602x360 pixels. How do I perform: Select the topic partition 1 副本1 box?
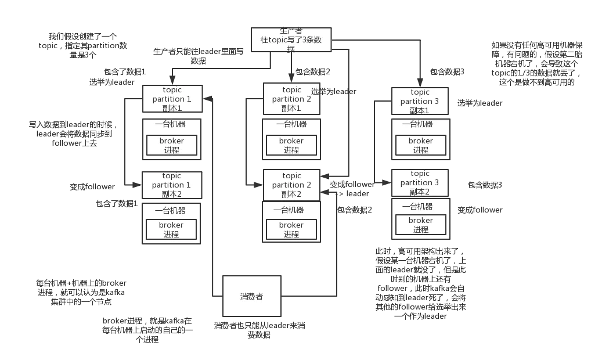[172, 99]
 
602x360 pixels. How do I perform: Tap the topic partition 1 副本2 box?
[172, 185]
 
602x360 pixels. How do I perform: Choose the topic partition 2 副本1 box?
[292, 99]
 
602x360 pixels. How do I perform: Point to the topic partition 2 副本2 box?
[292, 185]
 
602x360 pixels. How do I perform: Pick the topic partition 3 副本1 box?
[420, 102]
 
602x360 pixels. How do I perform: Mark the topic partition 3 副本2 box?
[420, 183]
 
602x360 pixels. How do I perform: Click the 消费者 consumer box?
[251, 296]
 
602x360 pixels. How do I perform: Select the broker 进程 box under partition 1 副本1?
[172, 145]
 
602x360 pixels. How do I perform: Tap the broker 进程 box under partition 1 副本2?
[172, 229]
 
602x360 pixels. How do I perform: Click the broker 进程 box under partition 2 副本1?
[291, 145]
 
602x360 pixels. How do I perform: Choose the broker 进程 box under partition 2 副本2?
[291, 229]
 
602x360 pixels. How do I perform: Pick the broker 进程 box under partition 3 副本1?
[420, 145]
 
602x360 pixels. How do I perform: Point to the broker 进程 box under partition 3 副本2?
[420, 225]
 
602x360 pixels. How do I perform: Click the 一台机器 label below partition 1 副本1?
[171, 124]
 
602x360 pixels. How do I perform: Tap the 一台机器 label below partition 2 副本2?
[291, 210]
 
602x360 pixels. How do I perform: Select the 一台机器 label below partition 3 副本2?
[420, 206]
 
